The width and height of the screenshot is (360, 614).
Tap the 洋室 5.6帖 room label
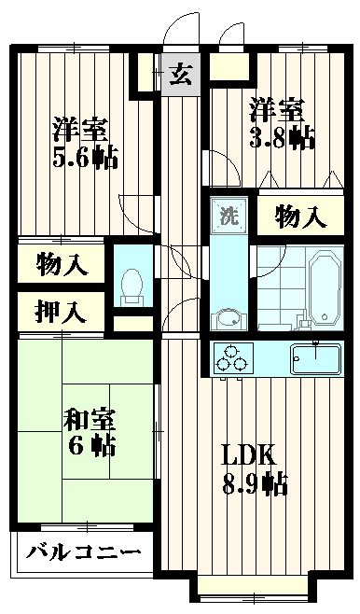point(83,141)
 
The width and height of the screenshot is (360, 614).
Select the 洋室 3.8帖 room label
point(280,124)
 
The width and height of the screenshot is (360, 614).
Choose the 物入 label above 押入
point(63,265)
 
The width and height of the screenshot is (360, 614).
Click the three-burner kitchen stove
point(234,356)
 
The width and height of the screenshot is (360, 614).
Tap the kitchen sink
point(317,357)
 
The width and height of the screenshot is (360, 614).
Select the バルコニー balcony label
point(83,552)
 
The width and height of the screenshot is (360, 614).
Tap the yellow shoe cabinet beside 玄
point(228,68)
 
